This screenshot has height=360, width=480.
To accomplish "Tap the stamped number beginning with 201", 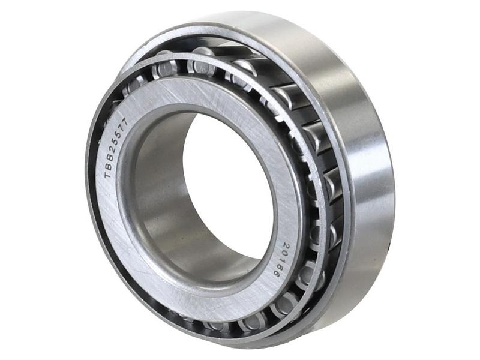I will click(x=280, y=259).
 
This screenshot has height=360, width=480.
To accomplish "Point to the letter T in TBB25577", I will click(x=108, y=175).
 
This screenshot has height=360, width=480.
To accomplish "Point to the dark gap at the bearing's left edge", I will click(x=90, y=180).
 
